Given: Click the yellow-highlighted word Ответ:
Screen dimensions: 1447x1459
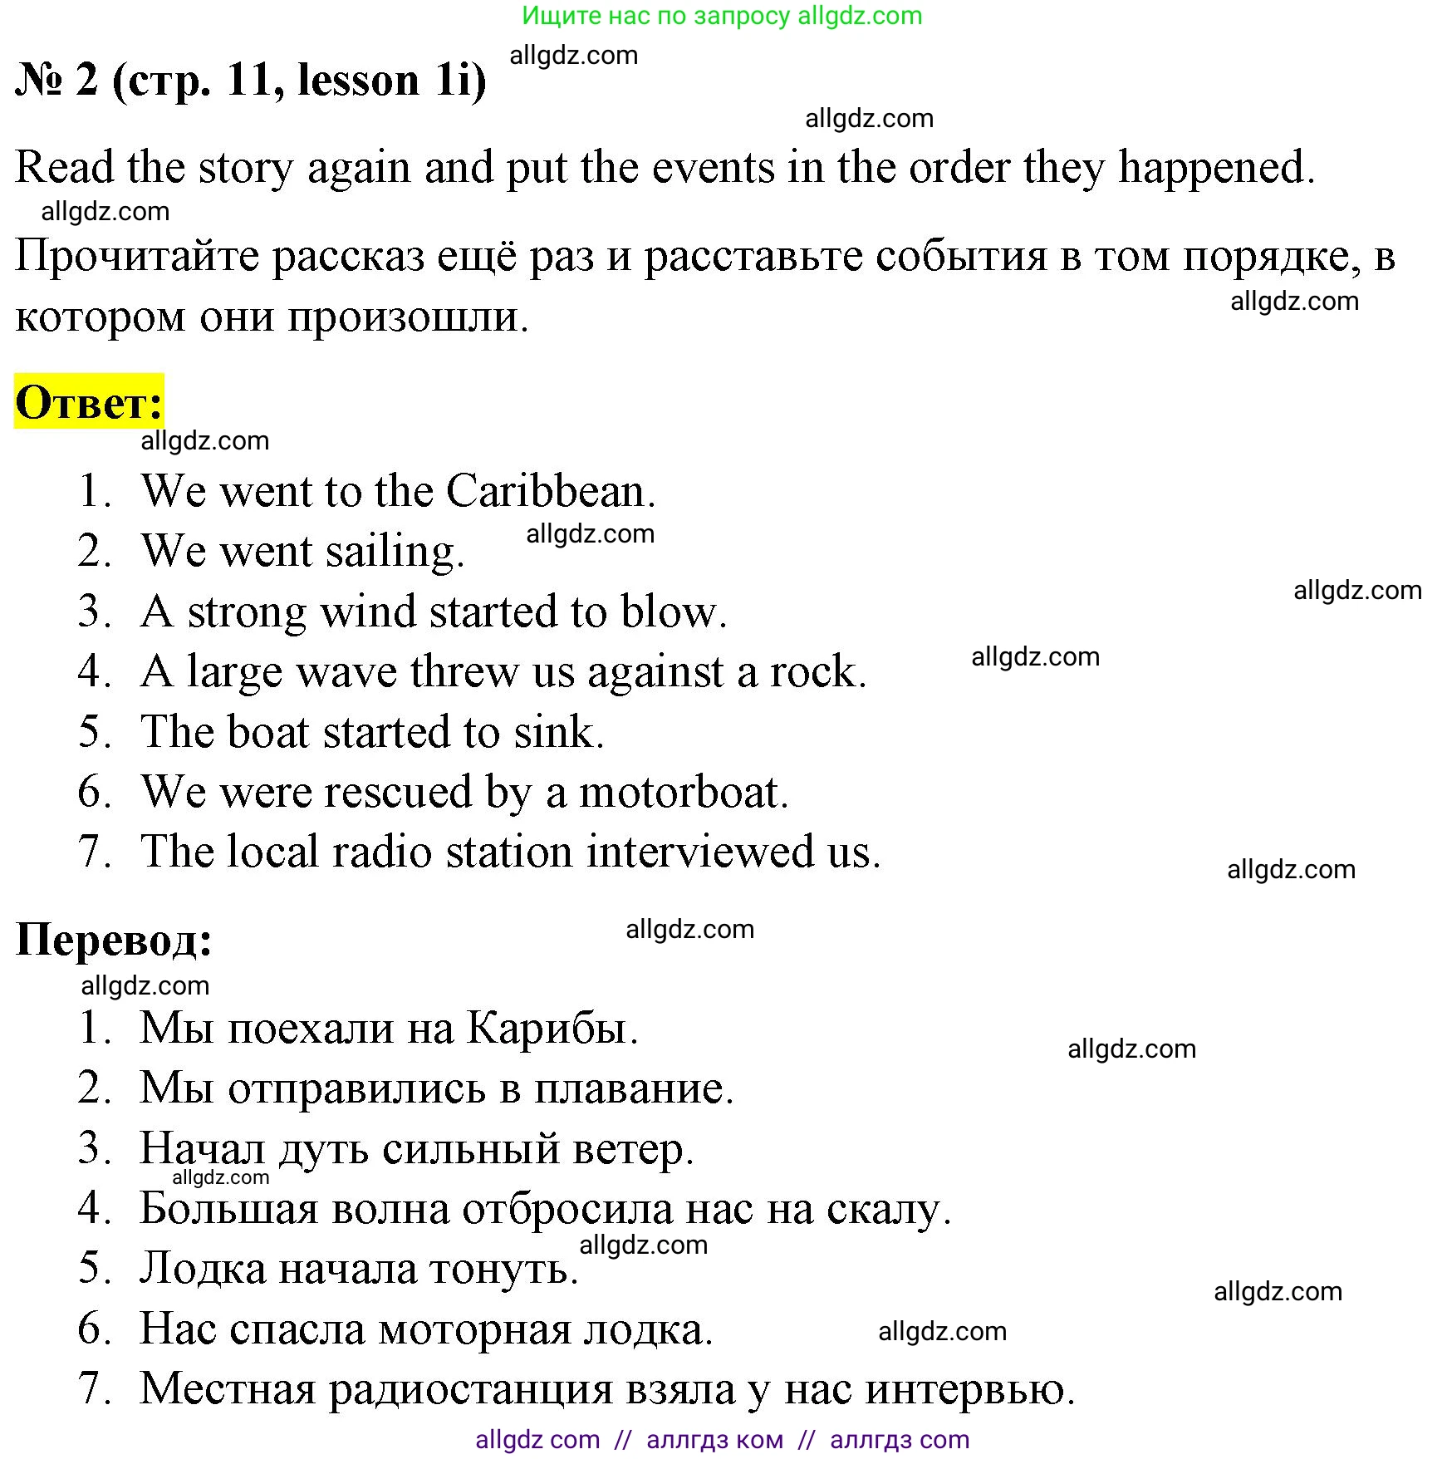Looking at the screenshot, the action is pyautogui.click(x=89, y=402).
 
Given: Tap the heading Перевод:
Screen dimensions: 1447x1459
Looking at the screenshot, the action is pyautogui.click(x=114, y=940).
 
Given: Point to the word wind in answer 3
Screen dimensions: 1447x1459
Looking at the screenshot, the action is pyautogui.click(x=369, y=612).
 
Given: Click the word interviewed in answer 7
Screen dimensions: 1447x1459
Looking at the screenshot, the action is pyautogui.click(x=699, y=852).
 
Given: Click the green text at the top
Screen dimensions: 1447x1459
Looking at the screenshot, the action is pyautogui.click(x=722, y=15).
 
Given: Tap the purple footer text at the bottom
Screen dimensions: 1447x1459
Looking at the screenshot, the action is pyautogui.click(x=722, y=1439).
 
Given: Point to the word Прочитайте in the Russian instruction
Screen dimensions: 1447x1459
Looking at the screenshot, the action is pyautogui.click(x=137, y=256).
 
